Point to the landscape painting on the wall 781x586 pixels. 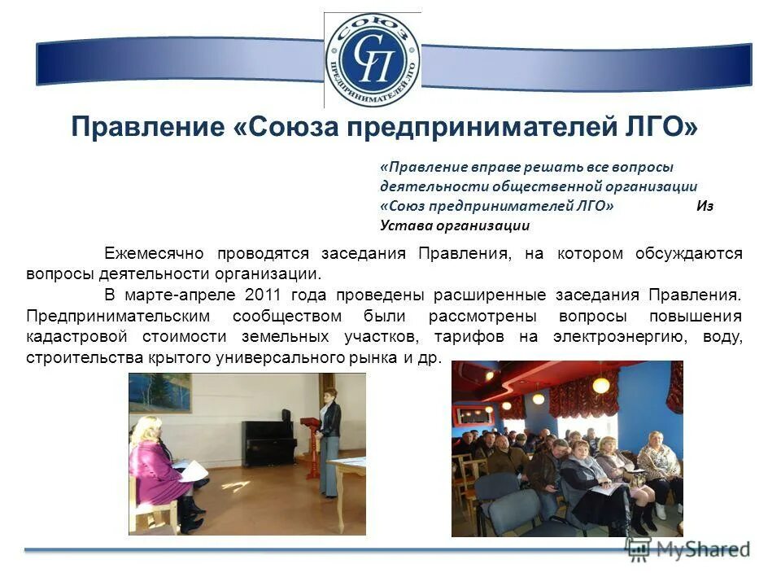click(x=159, y=391)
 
